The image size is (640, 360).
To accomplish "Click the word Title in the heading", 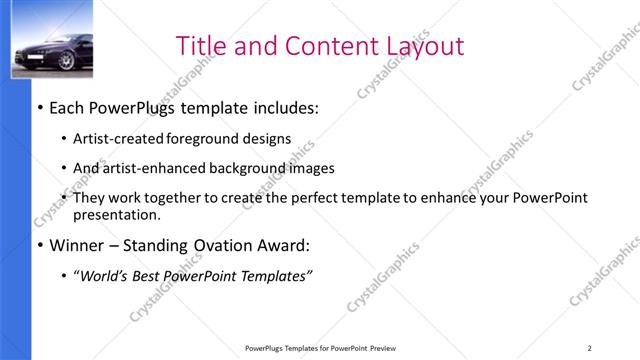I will point(199,46).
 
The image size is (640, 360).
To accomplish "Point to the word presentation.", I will point(116,214).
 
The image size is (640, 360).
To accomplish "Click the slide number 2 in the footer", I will point(589,347).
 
